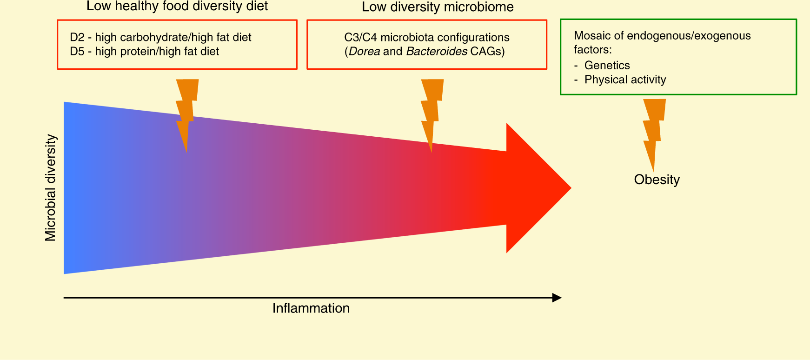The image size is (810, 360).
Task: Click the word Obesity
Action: coord(657,180)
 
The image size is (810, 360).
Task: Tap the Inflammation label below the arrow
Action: coord(311,308)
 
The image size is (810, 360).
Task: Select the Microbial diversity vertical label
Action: coord(50,188)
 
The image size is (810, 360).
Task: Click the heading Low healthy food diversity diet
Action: coord(177,7)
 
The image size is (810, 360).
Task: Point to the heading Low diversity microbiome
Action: coord(438,7)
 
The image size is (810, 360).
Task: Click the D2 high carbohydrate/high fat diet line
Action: coord(160,37)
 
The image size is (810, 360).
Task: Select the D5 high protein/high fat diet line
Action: coord(144,51)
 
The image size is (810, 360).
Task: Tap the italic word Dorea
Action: coord(364,51)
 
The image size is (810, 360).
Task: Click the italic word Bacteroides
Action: coord(437,51)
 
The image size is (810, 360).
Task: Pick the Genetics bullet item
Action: coord(607,65)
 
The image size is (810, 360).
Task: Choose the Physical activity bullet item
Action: coord(625,80)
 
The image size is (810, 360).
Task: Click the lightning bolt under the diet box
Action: coord(187,112)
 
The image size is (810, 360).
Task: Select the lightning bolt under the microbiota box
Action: coord(432,112)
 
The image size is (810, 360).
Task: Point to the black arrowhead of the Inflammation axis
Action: coord(557,298)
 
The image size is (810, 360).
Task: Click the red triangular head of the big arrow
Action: coord(535,188)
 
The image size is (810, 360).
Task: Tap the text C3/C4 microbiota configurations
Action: coord(426,37)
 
